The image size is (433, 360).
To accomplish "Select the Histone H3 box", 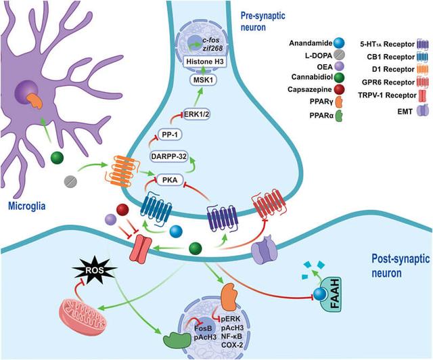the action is click(x=204, y=62).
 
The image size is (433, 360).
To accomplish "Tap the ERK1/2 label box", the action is click(x=197, y=114).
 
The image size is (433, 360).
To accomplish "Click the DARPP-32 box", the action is click(x=169, y=156).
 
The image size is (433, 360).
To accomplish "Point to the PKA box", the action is click(x=170, y=180).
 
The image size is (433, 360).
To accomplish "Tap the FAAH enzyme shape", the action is click(x=331, y=294).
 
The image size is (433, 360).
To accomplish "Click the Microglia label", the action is click(x=27, y=206).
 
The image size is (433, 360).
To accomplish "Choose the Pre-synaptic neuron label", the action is click(x=263, y=21).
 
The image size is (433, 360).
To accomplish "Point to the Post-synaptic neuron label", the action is click(x=401, y=266).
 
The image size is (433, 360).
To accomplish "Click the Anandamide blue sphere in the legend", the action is click(x=339, y=43).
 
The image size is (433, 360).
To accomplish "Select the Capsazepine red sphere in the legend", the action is click(x=339, y=89).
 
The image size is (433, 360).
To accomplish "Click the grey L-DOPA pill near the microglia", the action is click(x=70, y=181).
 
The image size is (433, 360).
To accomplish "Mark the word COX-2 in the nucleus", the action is click(x=232, y=344).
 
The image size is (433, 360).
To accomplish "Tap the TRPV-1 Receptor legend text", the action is click(x=387, y=95).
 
